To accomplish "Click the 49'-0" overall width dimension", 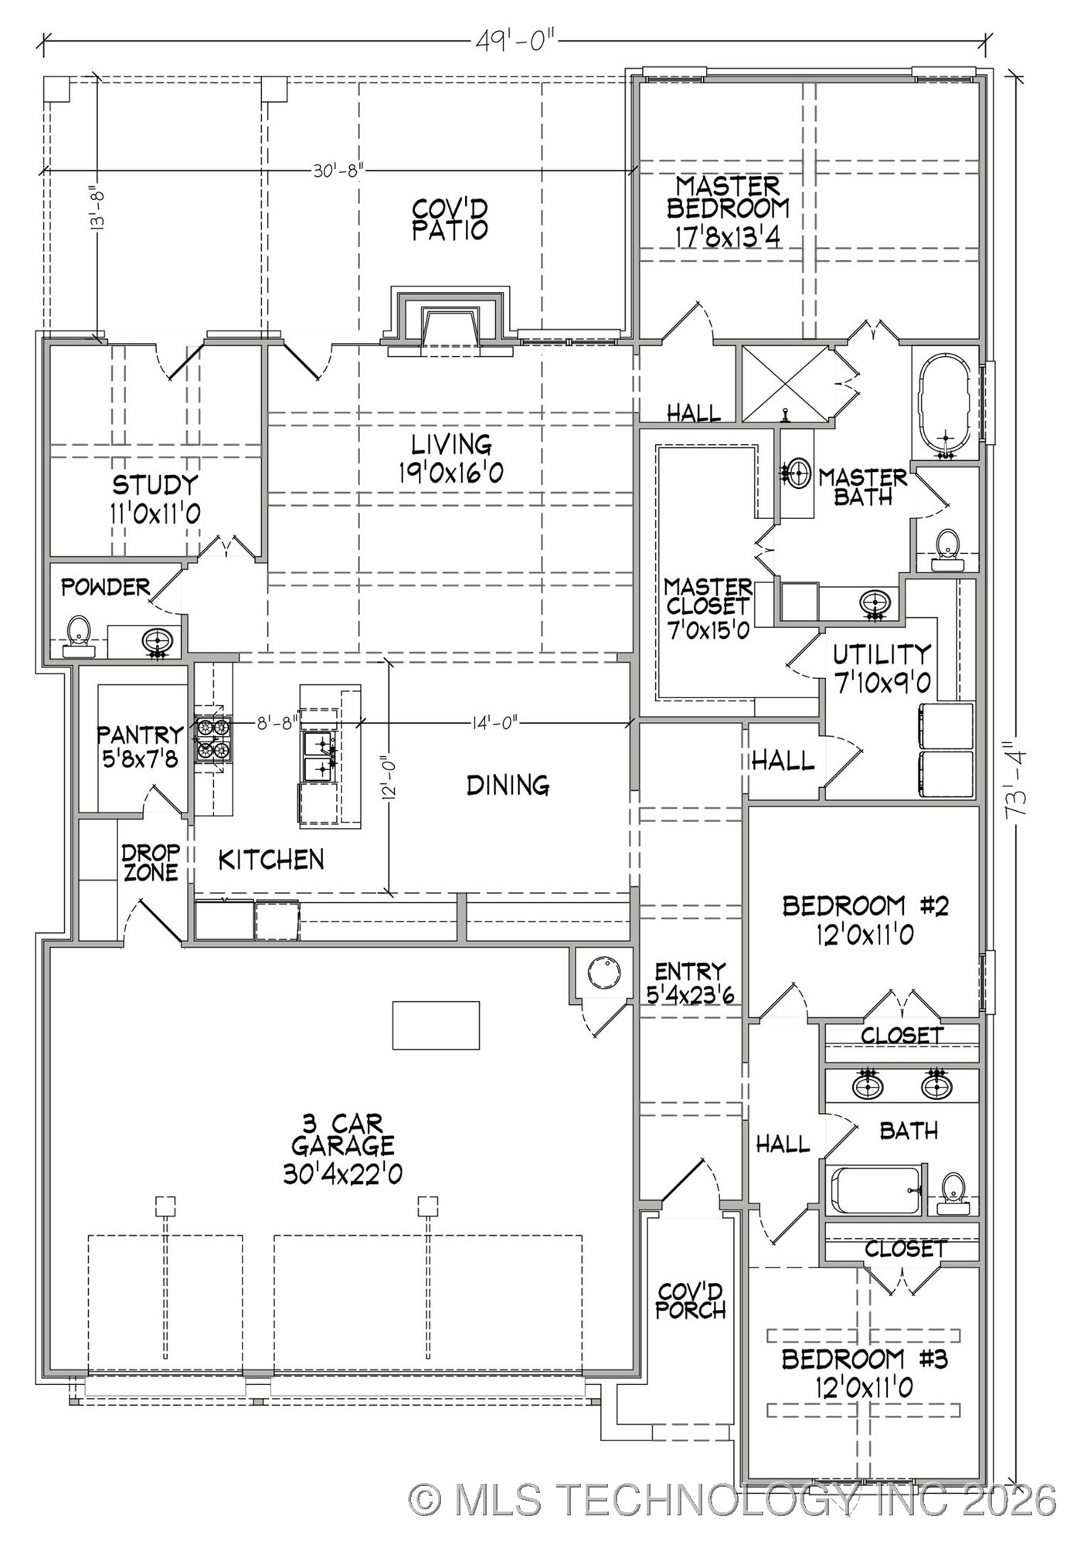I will coord(515,40).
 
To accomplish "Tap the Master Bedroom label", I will coord(728,211).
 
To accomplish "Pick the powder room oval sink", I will coord(158,640).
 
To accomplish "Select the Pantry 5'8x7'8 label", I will coord(141,746).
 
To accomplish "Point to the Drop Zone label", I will coord(151,862).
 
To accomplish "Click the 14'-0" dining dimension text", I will coord(494,723).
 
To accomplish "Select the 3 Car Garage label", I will coord(342,1149).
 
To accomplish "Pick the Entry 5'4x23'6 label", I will coord(690,982).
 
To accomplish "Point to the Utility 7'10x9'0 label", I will coord(881,669).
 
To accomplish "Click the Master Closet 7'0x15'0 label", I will coord(708,608).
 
